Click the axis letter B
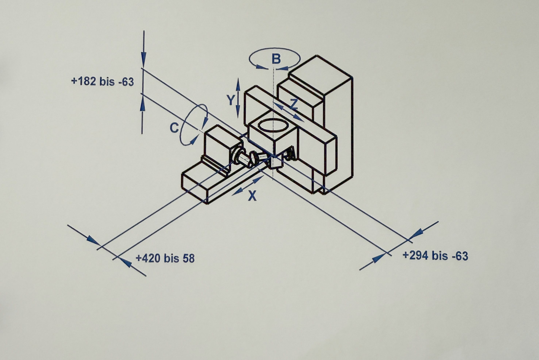(276, 59)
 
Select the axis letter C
(174, 128)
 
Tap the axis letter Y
(231, 100)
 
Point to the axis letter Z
(294, 104)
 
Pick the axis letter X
(252, 196)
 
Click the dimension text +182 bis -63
(102, 81)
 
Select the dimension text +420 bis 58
(165, 258)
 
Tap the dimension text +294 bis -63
(435, 256)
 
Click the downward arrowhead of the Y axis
(238, 112)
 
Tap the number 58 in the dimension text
(189, 259)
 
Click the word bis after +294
(440, 256)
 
